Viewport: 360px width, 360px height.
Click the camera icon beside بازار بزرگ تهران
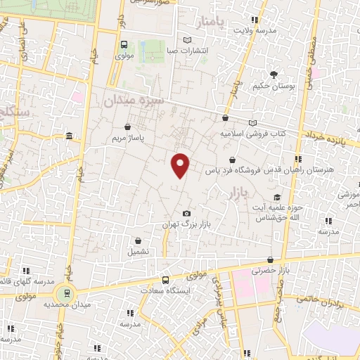186,213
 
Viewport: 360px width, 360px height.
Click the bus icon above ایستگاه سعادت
165,279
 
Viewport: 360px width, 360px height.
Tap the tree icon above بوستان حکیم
274,73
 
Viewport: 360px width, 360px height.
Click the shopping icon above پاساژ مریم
127,127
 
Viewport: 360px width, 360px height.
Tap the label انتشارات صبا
188,51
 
